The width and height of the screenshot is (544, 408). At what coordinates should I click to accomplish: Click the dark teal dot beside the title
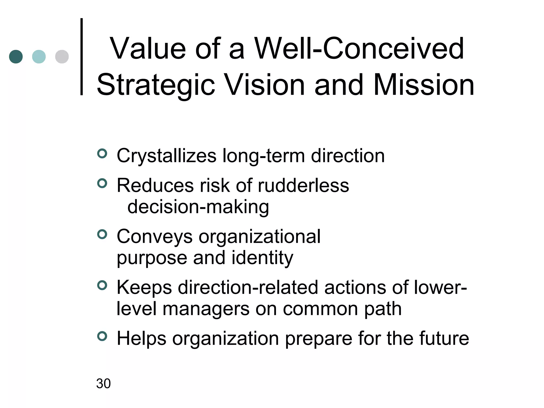pos(16,57)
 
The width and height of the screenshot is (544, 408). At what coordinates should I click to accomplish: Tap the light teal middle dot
pos(39,57)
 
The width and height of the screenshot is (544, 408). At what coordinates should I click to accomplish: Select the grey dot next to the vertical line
pos(62,57)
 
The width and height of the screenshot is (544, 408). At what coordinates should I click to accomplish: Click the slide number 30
pos(103,384)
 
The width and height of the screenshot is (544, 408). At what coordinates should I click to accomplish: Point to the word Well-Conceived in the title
pos(359,49)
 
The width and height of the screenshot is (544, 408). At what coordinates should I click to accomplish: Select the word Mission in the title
pos(424,85)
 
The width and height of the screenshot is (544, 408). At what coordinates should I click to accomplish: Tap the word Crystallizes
pos(167,156)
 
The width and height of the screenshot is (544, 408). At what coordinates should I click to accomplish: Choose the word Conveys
pos(155,237)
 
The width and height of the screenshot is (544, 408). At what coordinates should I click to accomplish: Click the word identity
pos(262,258)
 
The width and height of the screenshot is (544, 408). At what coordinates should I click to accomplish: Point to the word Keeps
pos(144,288)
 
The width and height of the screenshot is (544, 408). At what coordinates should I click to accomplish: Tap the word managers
pos(206,309)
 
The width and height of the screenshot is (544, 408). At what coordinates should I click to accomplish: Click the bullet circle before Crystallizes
pos(102,154)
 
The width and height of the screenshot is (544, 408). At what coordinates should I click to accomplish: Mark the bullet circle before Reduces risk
pos(102,183)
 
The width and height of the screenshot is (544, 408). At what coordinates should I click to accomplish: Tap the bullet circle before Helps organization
pos(102,336)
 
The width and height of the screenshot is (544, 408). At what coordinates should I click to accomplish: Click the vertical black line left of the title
pos(82,57)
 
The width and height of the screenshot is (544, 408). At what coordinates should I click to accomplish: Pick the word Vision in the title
pos(265,85)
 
